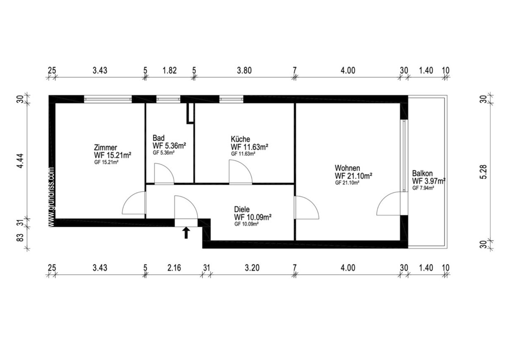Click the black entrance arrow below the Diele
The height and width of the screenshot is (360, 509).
click(x=186, y=233)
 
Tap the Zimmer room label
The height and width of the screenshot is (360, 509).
click(x=106, y=147)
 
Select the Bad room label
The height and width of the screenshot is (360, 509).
click(x=158, y=138)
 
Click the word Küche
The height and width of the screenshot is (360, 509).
click(x=241, y=139)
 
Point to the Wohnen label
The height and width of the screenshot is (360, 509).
click(x=347, y=168)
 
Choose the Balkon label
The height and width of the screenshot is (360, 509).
click(x=422, y=173)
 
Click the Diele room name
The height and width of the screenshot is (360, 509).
click(x=242, y=209)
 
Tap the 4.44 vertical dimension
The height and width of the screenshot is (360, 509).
click(x=20, y=161)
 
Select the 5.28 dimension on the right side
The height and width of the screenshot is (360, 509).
click(x=484, y=172)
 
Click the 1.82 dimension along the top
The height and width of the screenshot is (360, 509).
click(x=170, y=70)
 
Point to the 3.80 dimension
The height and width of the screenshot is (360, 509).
click(x=244, y=70)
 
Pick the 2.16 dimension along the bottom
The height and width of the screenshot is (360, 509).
click(x=174, y=268)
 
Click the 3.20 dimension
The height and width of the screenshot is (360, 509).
click(x=252, y=268)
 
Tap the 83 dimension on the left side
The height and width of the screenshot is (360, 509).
click(x=20, y=238)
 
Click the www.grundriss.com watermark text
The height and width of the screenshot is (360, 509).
click(x=52, y=197)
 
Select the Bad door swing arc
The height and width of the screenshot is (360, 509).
click(x=168, y=168)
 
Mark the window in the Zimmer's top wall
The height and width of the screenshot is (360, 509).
click(x=108, y=99)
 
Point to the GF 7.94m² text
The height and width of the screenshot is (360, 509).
click(x=423, y=188)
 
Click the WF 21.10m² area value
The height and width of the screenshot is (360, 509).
click(x=353, y=176)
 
